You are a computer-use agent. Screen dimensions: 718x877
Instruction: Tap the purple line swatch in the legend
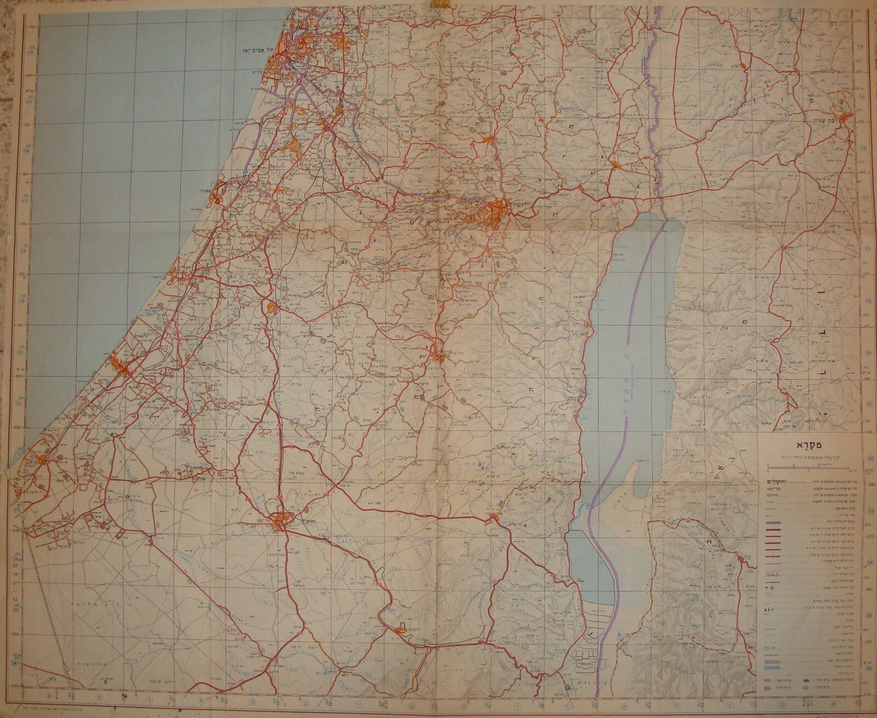(x=773, y=664)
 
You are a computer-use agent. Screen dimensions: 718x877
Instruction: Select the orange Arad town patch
(x=493, y=517)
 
